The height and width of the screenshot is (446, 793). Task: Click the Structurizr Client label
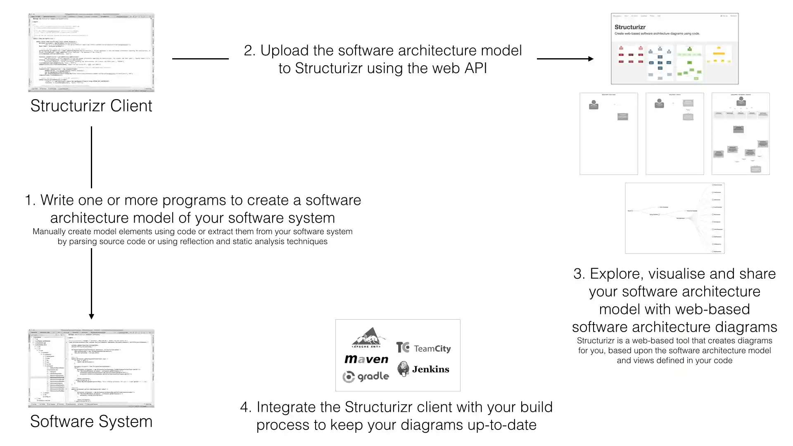[91, 106]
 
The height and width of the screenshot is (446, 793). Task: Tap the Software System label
[91, 422]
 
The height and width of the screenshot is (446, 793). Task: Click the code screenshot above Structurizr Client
[91, 52]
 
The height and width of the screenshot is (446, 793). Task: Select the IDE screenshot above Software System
[91, 368]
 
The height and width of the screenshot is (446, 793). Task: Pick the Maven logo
[366, 359]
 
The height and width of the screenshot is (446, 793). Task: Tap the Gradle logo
[366, 376]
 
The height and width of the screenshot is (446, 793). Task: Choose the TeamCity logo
[423, 348]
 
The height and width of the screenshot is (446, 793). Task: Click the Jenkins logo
[423, 369]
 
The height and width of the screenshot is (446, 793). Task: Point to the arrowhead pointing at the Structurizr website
[591, 59]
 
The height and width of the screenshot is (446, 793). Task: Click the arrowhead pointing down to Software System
[91, 316]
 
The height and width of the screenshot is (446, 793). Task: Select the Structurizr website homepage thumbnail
[674, 49]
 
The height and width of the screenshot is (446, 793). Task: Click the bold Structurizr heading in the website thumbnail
[630, 27]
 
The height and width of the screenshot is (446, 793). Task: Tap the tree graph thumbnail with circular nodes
[674, 218]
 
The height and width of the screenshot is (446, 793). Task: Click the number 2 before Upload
[249, 51]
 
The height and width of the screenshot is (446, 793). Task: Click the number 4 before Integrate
[245, 407]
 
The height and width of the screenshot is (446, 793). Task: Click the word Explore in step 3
[615, 274]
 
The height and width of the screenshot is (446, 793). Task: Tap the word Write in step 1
[58, 200]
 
